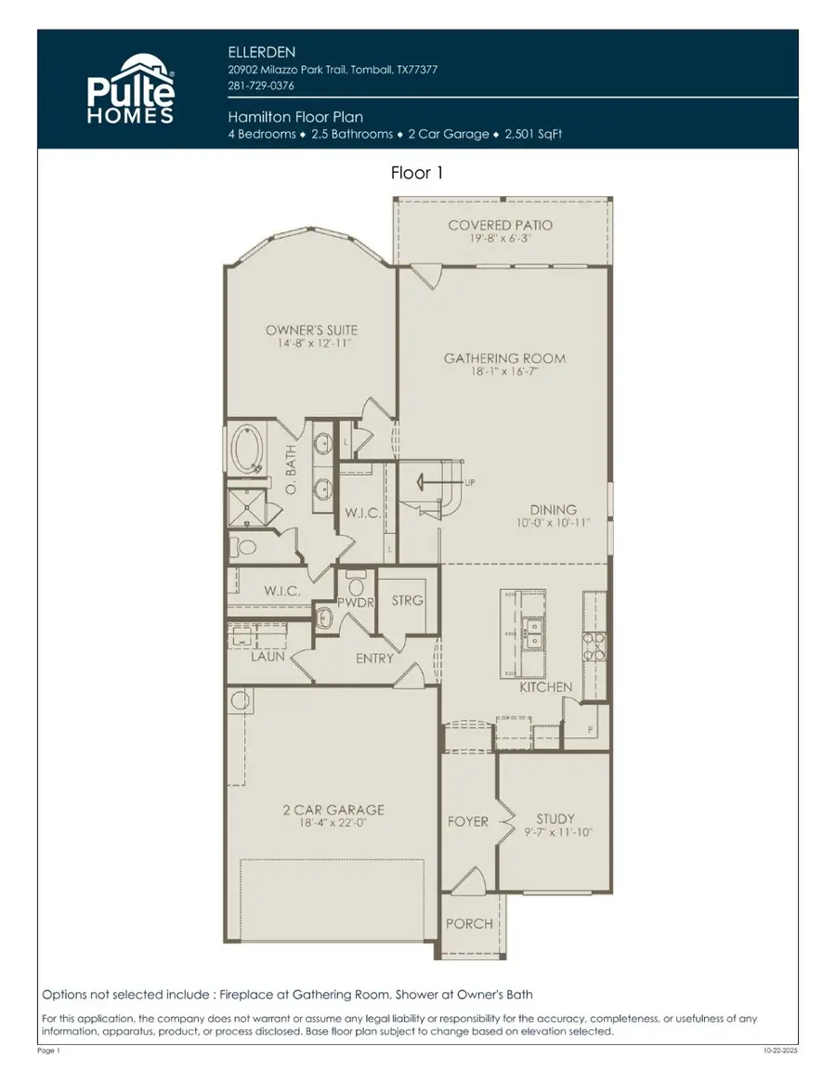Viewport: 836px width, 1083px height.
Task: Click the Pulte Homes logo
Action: pyautogui.click(x=130, y=89)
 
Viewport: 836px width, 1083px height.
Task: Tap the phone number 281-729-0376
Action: pyautogui.click(x=261, y=85)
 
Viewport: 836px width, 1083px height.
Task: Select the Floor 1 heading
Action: pyautogui.click(x=417, y=173)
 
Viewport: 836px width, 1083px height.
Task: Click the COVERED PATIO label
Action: pyautogui.click(x=500, y=225)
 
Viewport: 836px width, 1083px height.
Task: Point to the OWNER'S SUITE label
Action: pyautogui.click(x=311, y=330)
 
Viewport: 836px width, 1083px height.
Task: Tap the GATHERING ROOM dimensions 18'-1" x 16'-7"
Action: pyautogui.click(x=503, y=372)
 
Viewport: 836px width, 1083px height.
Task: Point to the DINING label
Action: pyautogui.click(x=553, y=510)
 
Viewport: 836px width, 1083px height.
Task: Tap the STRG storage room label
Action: pyautogui.click(x=407, y=600)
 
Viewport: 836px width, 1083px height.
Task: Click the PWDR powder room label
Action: pyautogui.click(x=354, y=603)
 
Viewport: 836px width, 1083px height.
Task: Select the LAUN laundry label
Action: pyautogui.click(x=268, y=657)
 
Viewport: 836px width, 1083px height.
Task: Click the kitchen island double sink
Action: pyautogui.click(x=534, y=633)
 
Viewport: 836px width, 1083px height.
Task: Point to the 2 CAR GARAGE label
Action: pyautogui.click(x=333, y=810)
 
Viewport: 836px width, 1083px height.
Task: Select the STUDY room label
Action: pyautogui.click(x=555, y=819)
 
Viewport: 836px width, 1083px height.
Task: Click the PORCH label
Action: pyautogui.click(x=468, y=924)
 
